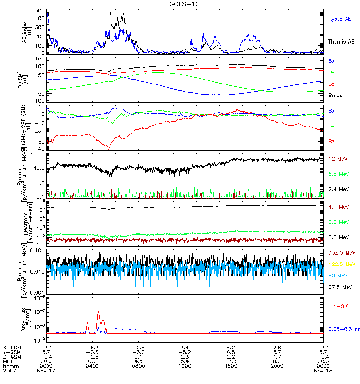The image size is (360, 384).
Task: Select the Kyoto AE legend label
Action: [x=339, y=19]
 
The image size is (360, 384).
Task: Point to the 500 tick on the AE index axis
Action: [x=40, y=10]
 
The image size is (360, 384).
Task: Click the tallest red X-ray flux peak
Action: [x=98, y=312]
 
